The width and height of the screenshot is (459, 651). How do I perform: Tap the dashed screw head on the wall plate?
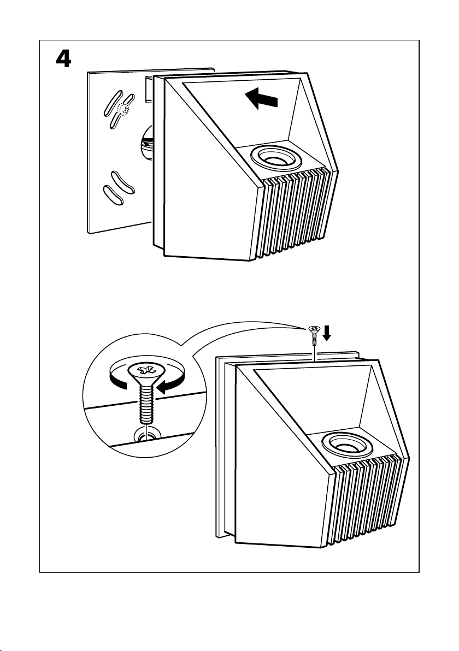pyautogui.click(x=124, y=110)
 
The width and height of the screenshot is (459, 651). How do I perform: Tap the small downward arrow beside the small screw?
pyautogui.click(x=327, y=332)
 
